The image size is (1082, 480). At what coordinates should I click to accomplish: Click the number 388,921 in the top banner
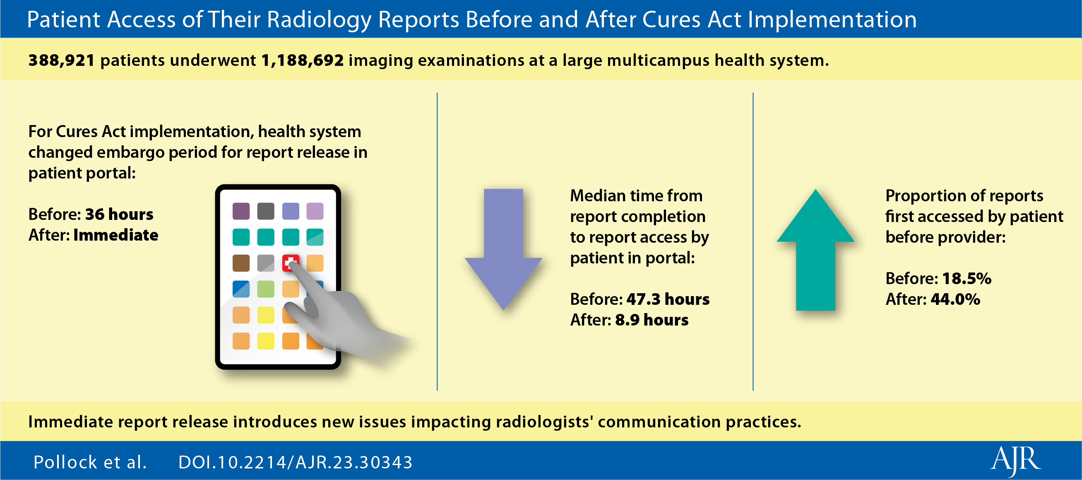pos(61,60)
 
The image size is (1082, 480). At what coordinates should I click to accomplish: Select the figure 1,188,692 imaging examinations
pos(303,60)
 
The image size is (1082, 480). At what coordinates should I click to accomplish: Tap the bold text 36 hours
pos(119,215)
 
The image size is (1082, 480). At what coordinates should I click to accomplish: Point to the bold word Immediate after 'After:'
pos(116,235)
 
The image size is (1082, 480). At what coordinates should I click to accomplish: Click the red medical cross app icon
pos(291,263)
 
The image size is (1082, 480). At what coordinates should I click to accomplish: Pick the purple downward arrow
pos(503,250)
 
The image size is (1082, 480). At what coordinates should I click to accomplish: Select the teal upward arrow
pos(815,250)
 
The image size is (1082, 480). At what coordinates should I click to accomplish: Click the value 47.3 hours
pos(668,299)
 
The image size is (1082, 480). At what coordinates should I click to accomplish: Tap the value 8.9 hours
pos(652,320)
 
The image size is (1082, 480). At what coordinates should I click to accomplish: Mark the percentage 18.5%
pos(967,279)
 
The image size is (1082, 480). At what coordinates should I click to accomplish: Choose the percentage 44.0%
pos(956,299)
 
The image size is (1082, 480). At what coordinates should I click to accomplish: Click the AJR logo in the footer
pos(1016,461)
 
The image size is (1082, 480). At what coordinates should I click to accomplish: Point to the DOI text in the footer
pos(295,462)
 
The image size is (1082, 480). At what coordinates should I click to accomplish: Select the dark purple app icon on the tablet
pos(241,211)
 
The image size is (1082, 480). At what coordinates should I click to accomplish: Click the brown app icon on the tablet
pos(241,263)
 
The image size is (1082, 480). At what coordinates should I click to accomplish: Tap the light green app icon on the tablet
pos(265,289)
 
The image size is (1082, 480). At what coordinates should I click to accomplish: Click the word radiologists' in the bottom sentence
pos(544,422)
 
